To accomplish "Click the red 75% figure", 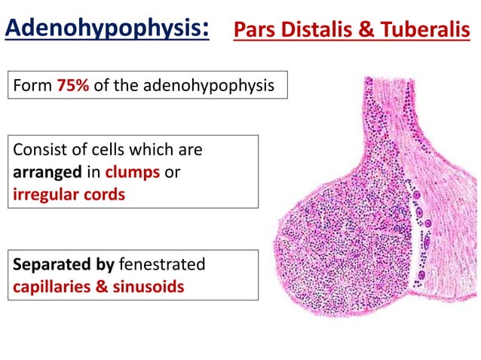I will click(x=73, y=85).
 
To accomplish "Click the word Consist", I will click(x=39, y=149).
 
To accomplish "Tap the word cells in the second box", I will click(x=103, y=149).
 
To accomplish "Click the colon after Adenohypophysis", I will click(x=205, y=31).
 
